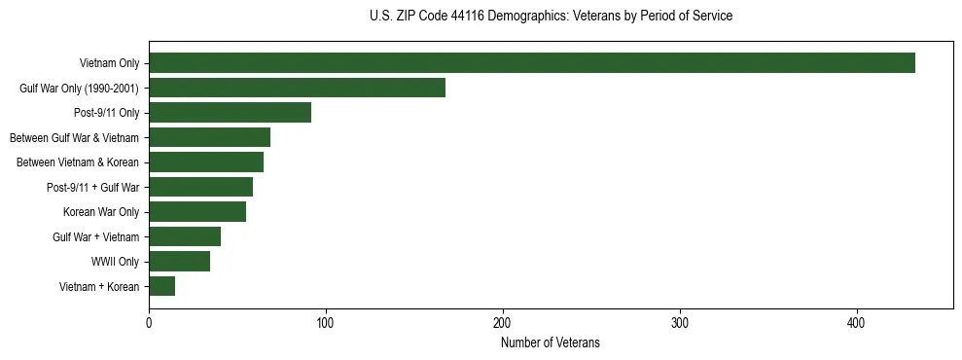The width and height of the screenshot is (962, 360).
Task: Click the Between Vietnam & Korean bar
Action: click(206, 162)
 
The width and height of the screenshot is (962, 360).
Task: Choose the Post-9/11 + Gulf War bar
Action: click(200, 187)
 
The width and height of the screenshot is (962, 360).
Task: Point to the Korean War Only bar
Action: click(197, 212)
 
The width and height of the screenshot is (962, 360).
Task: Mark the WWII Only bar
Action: click(179, 262)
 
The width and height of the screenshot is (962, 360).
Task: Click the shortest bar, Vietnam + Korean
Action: click(161, 286)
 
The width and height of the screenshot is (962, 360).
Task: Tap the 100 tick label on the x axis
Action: click(326, 322)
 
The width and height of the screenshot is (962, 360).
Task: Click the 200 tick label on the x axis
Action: click(503, 322)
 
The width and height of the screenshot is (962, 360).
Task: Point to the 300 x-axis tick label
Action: click(680, 322)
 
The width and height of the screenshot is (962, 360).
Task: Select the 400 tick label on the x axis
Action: click(857, 322)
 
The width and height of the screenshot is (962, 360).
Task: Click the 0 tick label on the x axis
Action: click(149, 322)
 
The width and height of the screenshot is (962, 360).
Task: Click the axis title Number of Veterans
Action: click(551, 342)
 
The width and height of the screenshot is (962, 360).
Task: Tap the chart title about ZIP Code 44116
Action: click(551, 17)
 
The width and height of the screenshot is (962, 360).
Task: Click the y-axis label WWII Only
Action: click(116, 262)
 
